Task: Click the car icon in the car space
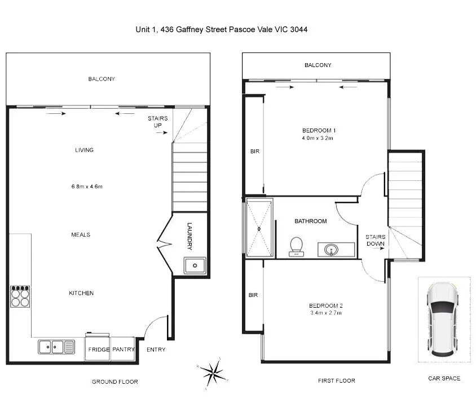pos(443,319)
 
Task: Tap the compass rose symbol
pos(213,371)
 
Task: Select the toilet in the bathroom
pos(296,246)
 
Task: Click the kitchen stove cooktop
pos(20,296)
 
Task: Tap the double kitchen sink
pos(56,347)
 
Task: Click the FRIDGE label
pos(98,349)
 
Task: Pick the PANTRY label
pos(123,349)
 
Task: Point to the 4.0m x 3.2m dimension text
pos(318,138)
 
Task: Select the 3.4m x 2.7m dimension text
pos(326,313)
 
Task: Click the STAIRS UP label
pos(157,122)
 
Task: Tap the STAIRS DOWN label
pos(375,240)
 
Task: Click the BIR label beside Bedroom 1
pos(255,151)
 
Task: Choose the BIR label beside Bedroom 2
pos(253,295)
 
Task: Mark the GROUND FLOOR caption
pos(114,382)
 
